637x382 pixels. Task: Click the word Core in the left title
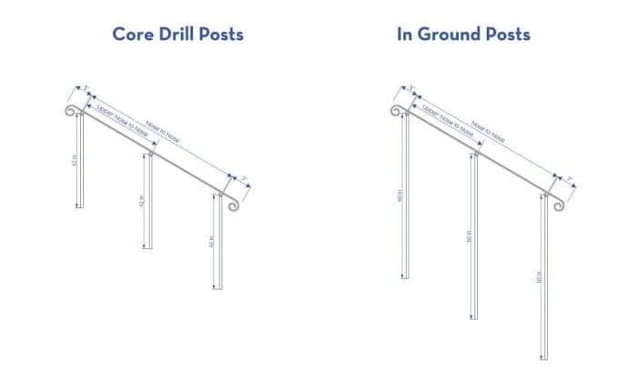click(x=132, y=35)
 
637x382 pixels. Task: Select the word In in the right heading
click(x=406, y=35)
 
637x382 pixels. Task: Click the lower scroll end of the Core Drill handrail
click(x=232, y=204)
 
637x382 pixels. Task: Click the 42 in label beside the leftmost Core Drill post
click(x=72, y=160)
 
